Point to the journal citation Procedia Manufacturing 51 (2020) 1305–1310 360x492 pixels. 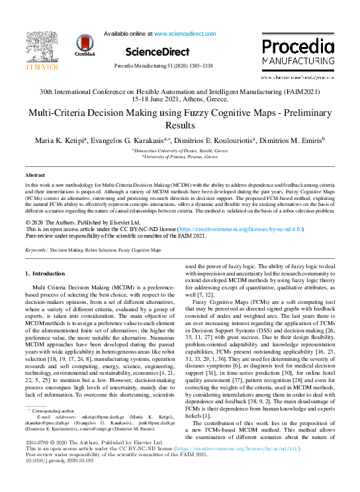point(163,67)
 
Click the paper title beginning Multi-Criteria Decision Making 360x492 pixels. point(180,119)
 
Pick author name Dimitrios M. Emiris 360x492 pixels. point(289,140)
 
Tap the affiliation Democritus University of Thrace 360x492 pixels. point(181,151)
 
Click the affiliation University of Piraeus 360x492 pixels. point(181,157)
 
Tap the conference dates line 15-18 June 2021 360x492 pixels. point(180,99)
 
